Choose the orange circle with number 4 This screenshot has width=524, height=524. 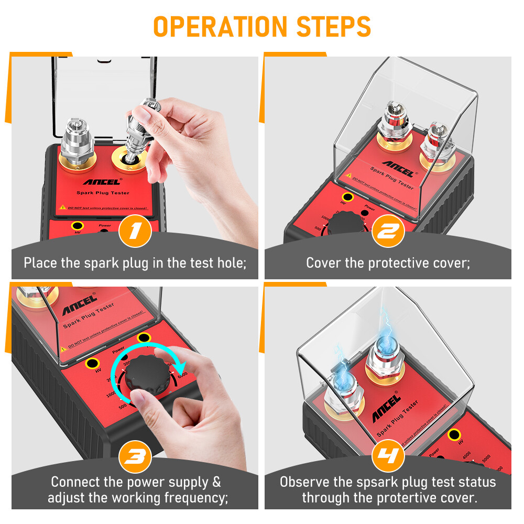click(x=388, y=456)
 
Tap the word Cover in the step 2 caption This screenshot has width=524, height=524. click(x=323, y=262)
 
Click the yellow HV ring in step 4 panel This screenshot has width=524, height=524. click(x=455, y=434)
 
